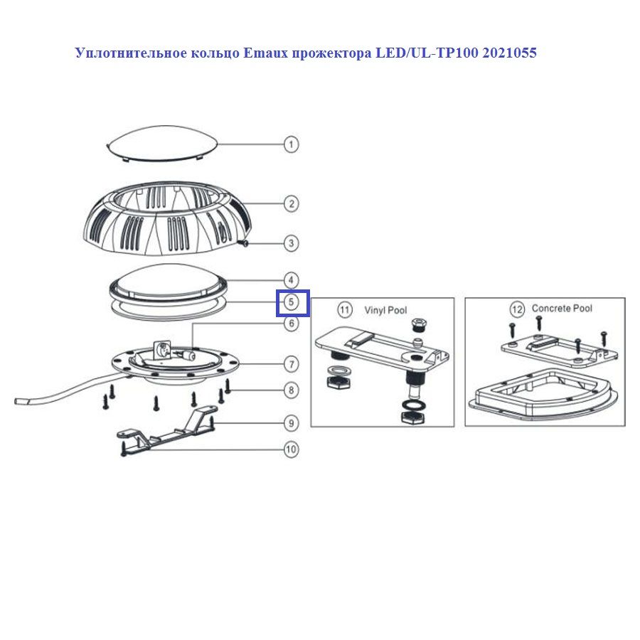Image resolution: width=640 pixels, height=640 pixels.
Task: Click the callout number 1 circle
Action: click(291, 144)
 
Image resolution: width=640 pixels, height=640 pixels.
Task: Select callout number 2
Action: click(291, 203)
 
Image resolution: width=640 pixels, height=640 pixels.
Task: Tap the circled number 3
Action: click(291, 243)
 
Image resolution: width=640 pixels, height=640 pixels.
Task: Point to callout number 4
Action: click(291, 280)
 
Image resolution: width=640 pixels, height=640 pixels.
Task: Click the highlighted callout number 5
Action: click(291, 302)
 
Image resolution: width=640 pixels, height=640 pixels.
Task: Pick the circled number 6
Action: click(291, 324)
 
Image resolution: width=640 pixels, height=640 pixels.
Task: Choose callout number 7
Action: click(291, 364)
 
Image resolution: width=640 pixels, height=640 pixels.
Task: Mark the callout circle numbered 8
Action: click(291, 390)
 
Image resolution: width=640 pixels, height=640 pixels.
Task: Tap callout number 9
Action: click(291, 423)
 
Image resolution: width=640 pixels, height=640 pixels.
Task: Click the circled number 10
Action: click(291, 449)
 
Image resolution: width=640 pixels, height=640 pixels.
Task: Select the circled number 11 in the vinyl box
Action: click(344, 310)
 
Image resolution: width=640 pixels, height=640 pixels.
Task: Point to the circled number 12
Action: click(517, 309)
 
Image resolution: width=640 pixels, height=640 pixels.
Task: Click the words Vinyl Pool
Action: click(385, 311)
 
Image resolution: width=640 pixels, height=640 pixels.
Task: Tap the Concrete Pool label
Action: click(562, 309)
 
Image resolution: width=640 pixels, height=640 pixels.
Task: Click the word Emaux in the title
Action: click(265, 53)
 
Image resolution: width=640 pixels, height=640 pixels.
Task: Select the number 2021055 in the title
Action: click(509, 53)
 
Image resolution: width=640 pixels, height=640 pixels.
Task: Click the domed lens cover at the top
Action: click(162, 143)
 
